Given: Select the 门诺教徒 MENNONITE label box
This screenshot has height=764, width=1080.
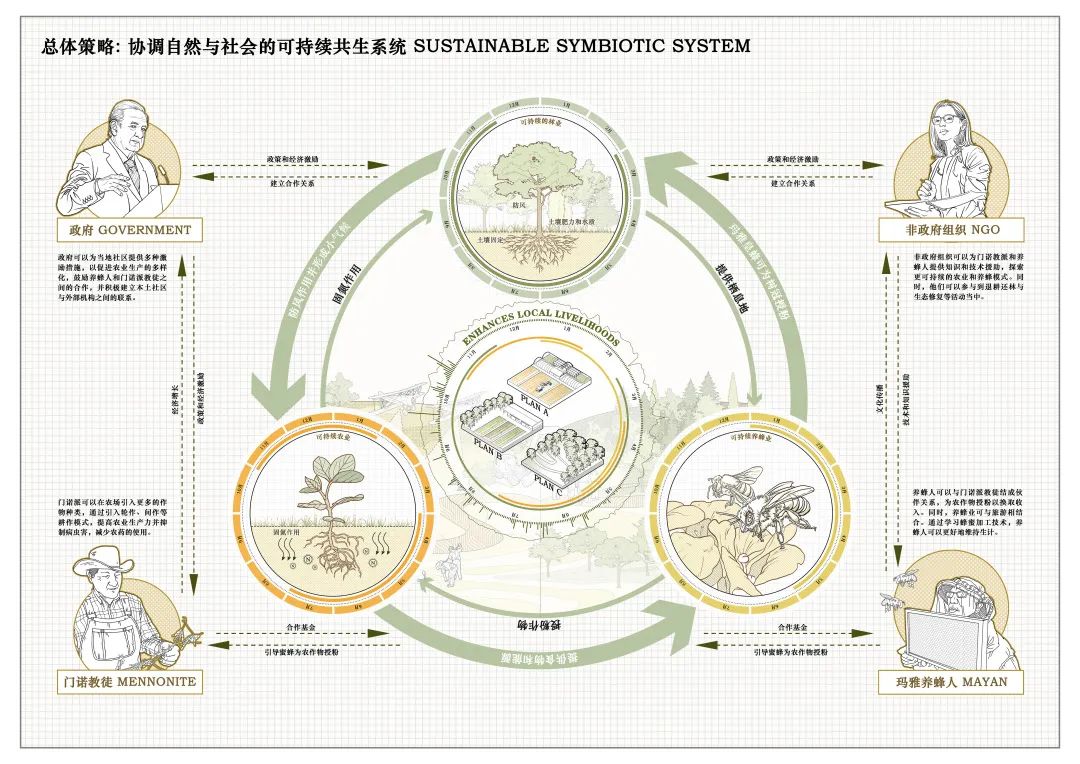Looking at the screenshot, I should [x=126, y=682].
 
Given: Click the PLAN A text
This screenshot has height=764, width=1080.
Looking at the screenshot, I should [x=536, y=406].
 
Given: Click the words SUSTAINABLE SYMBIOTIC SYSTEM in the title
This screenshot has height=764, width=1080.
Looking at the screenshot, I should [x=581, y=46].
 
